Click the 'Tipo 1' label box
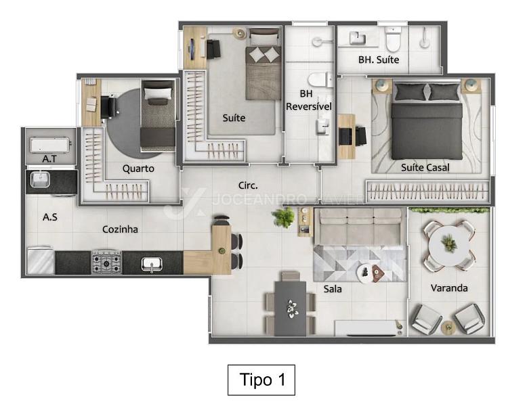pos(261,380)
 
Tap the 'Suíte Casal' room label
pos(425,167)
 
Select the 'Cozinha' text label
pos(120,229)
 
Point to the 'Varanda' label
pos(449,288)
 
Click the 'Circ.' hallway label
pos(248,185)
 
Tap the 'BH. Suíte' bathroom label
pos(379,60)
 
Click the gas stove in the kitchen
pos(106,261)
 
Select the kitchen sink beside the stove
pos(152,264)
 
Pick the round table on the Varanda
pos(449,245)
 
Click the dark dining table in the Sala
pos(290,309)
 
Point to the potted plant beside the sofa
pos(283,217)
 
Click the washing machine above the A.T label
pos(49,145)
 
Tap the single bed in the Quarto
pos(158,116)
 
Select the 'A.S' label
pos(49,217)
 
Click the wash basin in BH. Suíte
pos(357,38)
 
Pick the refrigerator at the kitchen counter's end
pos(41,261)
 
